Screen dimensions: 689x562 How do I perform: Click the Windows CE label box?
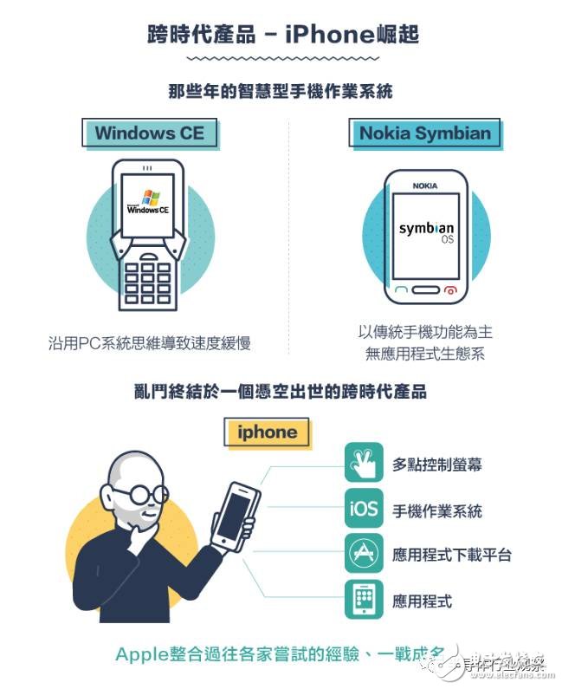coord(149,133)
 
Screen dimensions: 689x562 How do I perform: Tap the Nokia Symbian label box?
coord(424,133)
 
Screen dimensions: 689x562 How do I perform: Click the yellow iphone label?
coord(268,432)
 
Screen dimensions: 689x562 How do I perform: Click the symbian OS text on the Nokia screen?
coord(425,231)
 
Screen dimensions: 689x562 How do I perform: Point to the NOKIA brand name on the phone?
coord(424,185)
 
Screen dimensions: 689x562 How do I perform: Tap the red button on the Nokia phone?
coord(449,290)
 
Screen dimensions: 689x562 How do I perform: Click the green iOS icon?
coord(364,509)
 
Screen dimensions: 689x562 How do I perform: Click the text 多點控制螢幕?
coord(437,465)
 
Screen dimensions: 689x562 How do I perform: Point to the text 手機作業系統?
coord(437,510)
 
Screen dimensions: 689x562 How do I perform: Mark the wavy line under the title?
coord(282,58)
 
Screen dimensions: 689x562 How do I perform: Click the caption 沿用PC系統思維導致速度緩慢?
coord(150,343)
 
